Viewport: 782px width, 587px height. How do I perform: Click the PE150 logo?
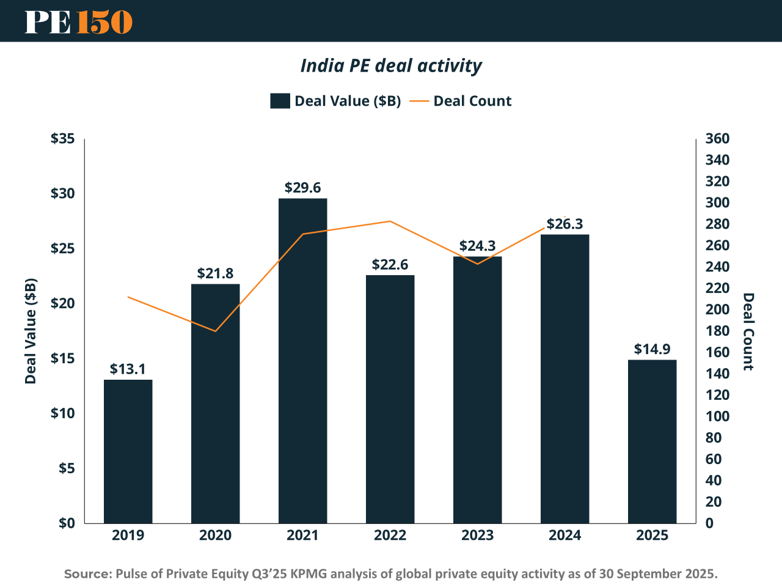[78, 22]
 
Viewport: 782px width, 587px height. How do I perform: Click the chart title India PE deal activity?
[391, 65]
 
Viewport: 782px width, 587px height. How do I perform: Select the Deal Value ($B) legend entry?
[335, 101]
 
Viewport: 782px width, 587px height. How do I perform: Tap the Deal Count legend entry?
[461, 101]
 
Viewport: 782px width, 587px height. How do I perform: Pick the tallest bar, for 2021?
[302, 361]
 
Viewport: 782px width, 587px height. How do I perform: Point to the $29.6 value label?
[302, 188]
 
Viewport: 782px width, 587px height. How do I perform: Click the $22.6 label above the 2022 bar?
[390, 265]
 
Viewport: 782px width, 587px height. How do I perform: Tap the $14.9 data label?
[652, 349]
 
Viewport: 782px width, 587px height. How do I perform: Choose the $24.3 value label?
[477, 246]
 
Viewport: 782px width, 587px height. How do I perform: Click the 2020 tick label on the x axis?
[215, 536]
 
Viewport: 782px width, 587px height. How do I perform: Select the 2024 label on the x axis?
[565, 536]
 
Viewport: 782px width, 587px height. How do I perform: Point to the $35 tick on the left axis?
[62, 139]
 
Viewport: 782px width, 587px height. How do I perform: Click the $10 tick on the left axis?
[62, 413]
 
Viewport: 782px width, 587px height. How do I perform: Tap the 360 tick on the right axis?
[717, 139]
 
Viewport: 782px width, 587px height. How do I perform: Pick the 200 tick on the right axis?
[717, 309]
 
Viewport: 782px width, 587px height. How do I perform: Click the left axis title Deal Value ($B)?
[31, 331]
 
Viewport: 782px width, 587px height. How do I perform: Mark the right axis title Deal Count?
[748, 331]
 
